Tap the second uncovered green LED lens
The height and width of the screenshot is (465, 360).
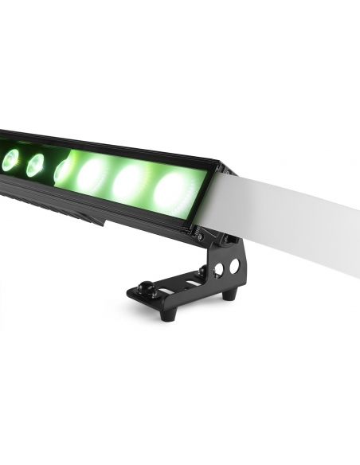pyautogui.click(x=35, y=165)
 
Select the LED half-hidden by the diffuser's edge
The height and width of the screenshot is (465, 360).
pyautogui.click(x=61, y=170)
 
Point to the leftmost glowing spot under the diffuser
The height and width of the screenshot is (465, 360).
pyautogui.click(x=95, y=174)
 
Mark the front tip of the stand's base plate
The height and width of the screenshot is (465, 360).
pyautogui.click(x=134, y=294)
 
